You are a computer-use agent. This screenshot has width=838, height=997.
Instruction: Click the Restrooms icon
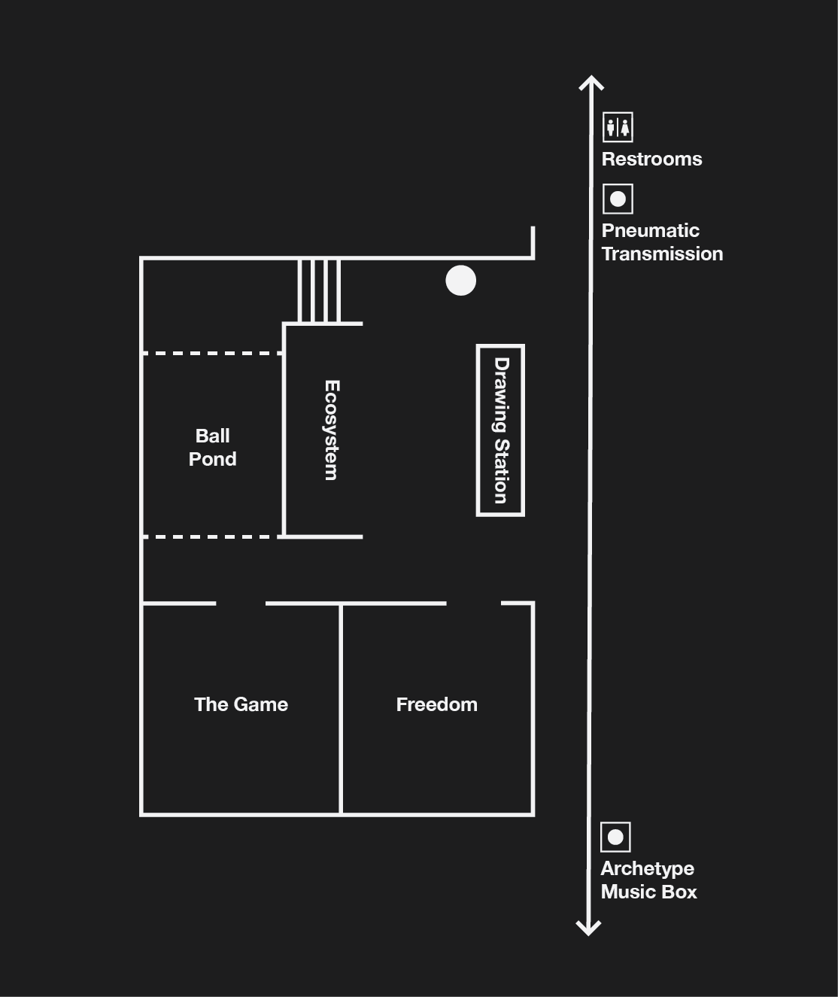[618, 127]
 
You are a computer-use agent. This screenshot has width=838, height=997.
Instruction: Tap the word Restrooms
[651, 159]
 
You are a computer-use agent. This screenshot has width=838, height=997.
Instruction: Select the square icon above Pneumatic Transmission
[618, 199]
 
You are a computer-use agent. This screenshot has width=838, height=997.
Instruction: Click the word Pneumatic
[650, 230]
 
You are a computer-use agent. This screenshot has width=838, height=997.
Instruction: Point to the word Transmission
[662, 254]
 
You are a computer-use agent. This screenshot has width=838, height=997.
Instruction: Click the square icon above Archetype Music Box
[615, 837]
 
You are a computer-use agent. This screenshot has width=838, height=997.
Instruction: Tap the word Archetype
[647, 868]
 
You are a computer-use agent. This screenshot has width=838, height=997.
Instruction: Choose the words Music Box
[648, 892]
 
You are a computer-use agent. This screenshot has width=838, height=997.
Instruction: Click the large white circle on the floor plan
[460, 281]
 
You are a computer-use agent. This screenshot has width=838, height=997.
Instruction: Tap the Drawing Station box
[500, 430]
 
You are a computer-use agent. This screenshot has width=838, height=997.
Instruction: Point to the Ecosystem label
[331, 430]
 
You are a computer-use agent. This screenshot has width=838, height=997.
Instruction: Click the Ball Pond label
[212, 447]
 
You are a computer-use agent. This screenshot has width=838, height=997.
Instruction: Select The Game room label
[241, 704]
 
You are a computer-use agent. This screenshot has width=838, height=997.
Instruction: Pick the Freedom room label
[436, 704]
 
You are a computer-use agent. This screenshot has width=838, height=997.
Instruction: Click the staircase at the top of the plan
[320, 290]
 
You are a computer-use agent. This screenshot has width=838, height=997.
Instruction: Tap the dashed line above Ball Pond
[212, 353]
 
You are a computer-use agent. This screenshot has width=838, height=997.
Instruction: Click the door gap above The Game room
[241, 603]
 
